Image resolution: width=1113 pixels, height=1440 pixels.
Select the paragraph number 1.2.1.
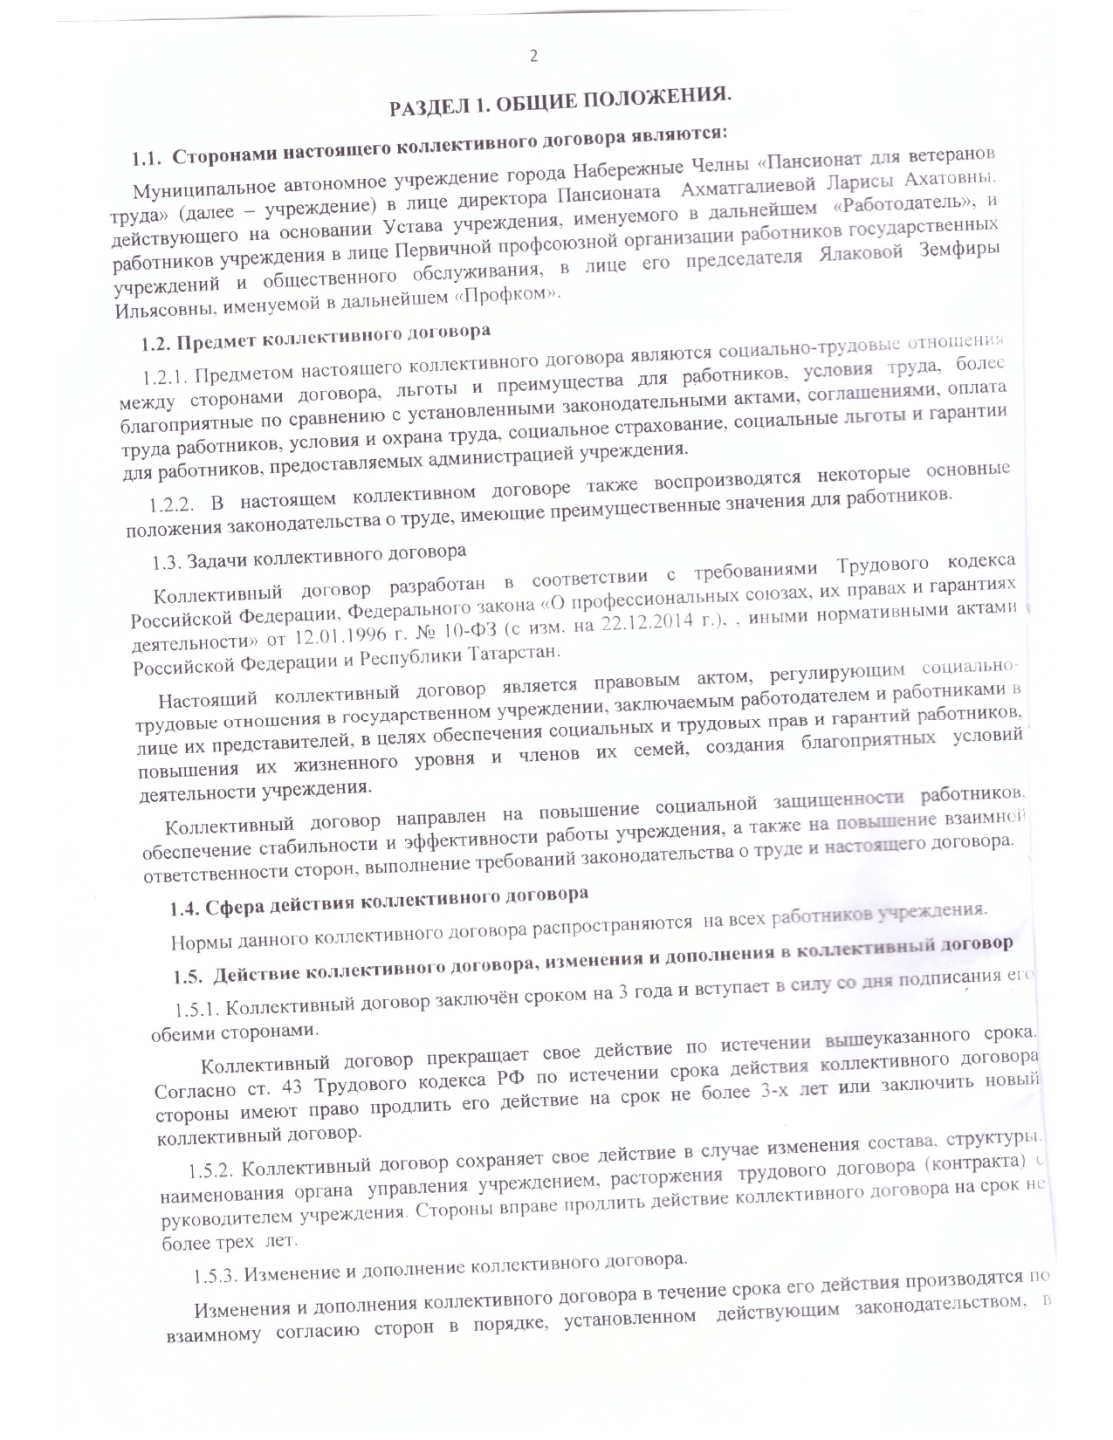click(x=166, y=377)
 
